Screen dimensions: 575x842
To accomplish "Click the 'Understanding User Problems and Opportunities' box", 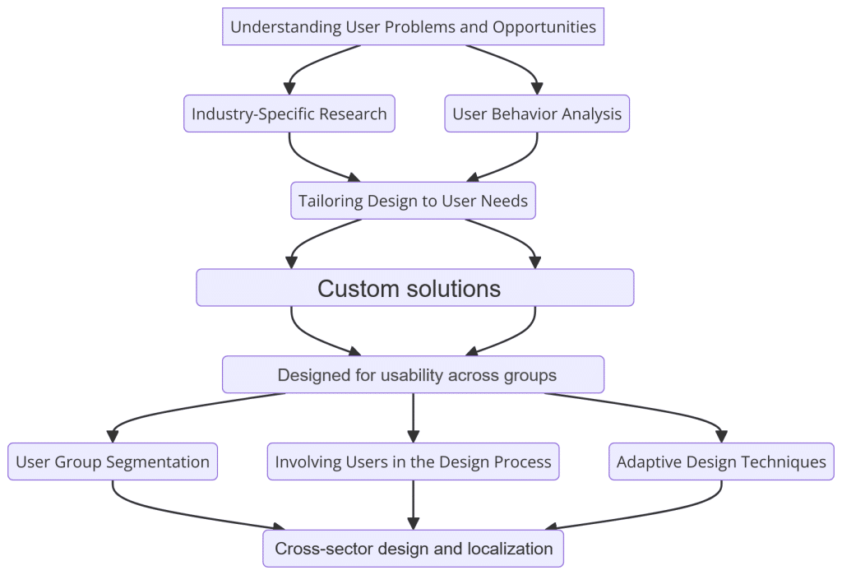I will [x=413, y=26].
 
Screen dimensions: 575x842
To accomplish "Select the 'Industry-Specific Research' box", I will [x=289, y=114].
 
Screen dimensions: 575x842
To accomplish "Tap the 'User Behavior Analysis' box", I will [x=537, y=114].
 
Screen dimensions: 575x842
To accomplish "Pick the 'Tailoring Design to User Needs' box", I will [x=413, y=201].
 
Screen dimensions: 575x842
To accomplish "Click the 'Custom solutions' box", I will [x=414, y=288].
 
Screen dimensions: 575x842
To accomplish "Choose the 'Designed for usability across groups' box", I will [x=413, y=375].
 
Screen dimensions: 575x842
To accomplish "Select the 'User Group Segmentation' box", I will [x=113, y=461].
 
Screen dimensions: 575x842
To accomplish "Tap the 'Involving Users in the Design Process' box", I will [x=413, y=461].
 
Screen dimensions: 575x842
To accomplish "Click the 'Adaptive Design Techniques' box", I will [x=721, y=461].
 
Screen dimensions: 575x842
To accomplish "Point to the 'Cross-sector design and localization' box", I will [x=413, y=549].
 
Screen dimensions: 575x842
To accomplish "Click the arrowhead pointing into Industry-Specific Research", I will [x=289, y=88].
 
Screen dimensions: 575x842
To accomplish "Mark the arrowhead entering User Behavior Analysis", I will [x=537, y=88].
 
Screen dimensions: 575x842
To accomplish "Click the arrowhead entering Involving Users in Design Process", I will [x=413, y=436].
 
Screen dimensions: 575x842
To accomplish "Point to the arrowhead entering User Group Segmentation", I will [x=113, y=436].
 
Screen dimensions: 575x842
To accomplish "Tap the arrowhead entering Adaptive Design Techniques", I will [x=721, y=436].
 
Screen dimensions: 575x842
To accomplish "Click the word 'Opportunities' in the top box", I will [x=544, y=26].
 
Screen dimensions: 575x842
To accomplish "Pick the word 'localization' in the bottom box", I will [x=509, y=549].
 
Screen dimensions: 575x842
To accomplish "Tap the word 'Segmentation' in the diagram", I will [x=159, y=461].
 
